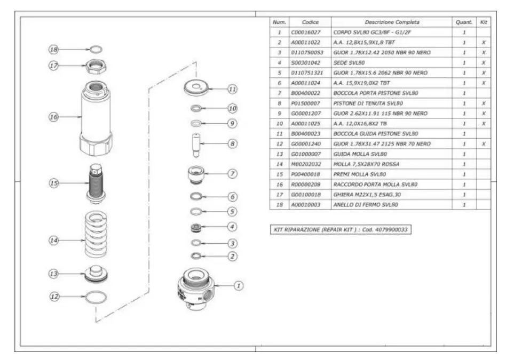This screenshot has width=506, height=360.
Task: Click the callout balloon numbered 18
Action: point(53,50)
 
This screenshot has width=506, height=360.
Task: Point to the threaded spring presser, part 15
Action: point(97,183)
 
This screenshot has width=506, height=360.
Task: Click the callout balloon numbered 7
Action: point(232,174)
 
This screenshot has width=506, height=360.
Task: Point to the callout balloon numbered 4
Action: point(232,226)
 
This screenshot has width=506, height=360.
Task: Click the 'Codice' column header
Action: point(310,22)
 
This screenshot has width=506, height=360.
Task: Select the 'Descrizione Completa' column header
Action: point(392,22)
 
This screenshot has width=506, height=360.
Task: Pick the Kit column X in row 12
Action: point(483,144)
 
